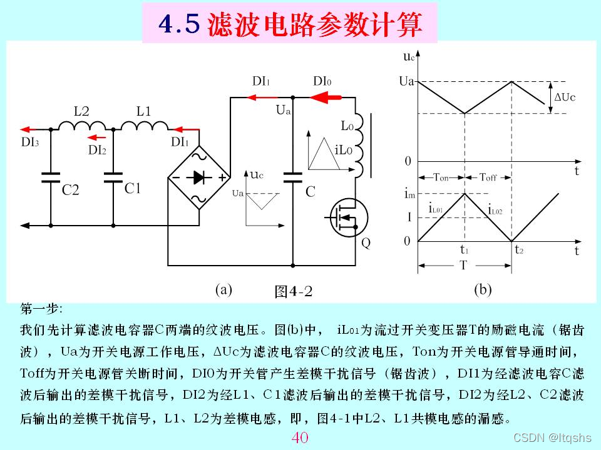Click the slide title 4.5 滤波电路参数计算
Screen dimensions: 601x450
coord(289,24)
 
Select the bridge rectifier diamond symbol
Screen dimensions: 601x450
coord(199,177)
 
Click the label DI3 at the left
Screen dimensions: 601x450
coord(30,142)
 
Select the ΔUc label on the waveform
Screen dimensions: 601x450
coord(565,97)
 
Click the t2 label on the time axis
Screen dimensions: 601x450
coord(518,249)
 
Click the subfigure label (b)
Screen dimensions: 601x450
coord(483,289)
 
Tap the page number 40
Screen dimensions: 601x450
coord(300,437)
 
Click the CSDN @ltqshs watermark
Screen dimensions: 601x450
coord(552,437)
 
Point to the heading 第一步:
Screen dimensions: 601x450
coord(41,309)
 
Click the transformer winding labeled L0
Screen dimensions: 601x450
coord(359,144)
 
